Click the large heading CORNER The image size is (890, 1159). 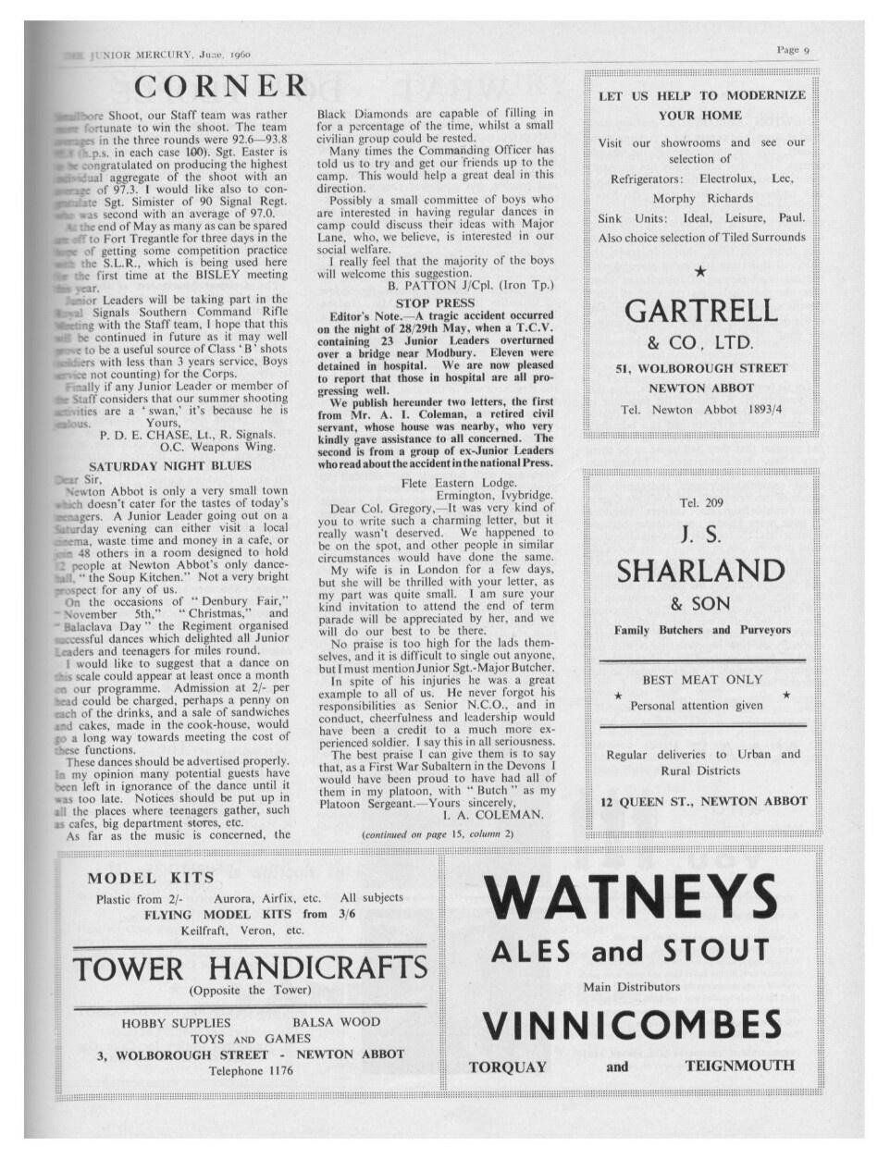pos(220,87)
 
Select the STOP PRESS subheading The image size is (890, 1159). pos(435,302)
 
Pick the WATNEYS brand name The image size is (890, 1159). pos(630,895)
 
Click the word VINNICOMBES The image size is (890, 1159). pos(632,1025)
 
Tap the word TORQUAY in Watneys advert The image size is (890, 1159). pos(508,1066)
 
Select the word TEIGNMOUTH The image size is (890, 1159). pos(739,1066)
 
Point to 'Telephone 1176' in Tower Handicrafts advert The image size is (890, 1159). pos(251,1070)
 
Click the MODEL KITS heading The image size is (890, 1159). pos(151,877)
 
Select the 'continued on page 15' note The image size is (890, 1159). pos(437,834)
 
